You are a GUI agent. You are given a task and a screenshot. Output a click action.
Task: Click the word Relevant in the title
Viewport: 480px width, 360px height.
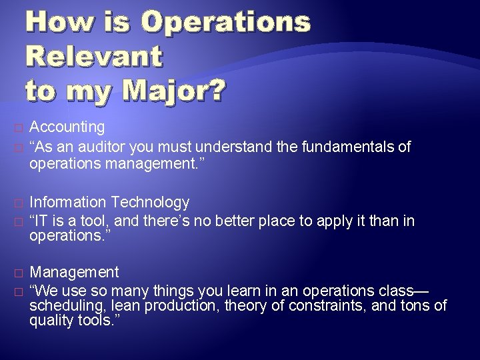pos(94,56)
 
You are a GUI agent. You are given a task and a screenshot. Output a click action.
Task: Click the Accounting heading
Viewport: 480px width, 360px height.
pos(67,127)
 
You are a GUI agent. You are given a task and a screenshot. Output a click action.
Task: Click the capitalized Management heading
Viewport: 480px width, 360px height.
pos(75,272)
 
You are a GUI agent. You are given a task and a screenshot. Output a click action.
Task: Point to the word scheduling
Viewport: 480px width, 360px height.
pos(63,306)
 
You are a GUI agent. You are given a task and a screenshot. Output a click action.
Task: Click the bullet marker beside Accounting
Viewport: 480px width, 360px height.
pos(17,127)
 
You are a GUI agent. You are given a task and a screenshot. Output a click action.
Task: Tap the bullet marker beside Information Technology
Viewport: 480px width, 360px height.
pos(17,202)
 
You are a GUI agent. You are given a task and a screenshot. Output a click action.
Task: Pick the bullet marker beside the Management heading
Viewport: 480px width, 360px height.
pos(17,273)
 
